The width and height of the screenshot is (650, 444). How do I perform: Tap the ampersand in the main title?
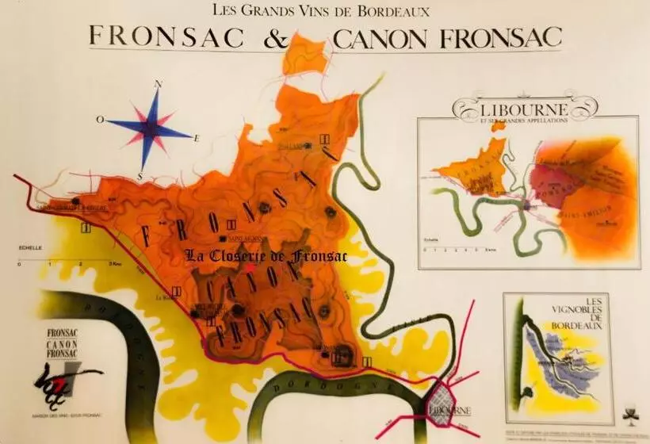click(x=296, y=37)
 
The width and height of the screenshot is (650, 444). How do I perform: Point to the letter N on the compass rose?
click(x=158, y=83)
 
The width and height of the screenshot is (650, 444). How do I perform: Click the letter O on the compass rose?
click(x=101, y=120)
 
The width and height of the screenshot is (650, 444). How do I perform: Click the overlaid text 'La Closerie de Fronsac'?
click(x=255, y=255)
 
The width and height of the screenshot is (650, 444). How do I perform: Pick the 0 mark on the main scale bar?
click(x=19, y=263)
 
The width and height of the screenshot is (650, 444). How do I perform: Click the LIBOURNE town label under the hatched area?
click(x=449, y=410)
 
